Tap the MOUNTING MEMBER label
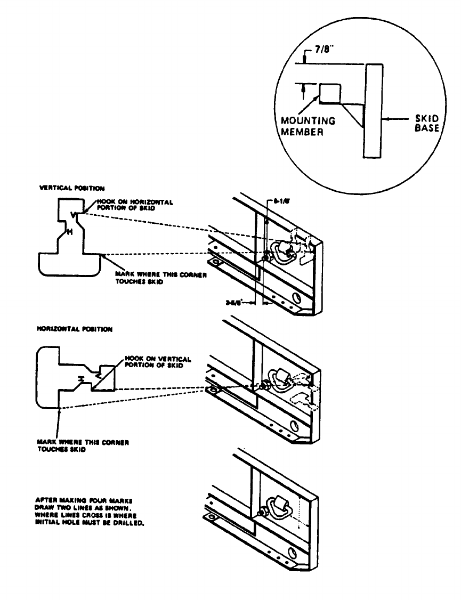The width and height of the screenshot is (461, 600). [308, 126]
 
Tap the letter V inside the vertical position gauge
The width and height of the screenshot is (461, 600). [73, 215]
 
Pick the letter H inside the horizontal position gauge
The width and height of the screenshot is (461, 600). [81, 378]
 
